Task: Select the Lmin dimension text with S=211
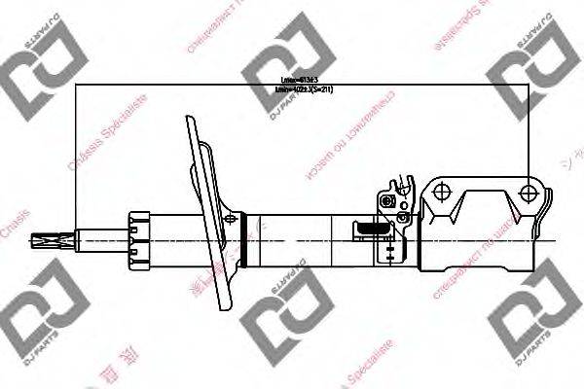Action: pos(310,89)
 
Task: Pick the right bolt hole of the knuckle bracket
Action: pos(530,191)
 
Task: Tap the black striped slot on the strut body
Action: pos(369,230)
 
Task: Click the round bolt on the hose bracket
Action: pos(388,202)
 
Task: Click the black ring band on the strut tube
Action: pos(256,235)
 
